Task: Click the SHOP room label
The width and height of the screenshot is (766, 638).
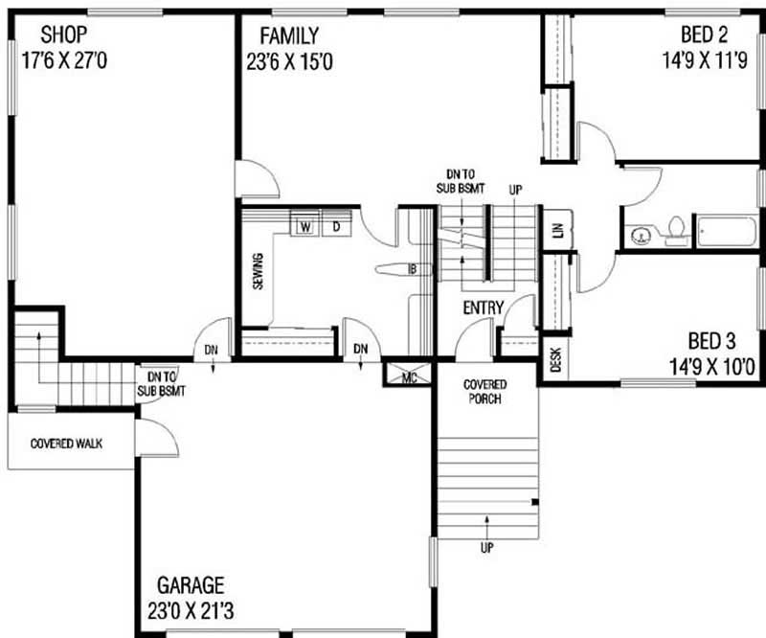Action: coord(63,34)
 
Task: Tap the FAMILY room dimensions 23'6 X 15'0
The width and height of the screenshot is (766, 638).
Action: coord(289,62)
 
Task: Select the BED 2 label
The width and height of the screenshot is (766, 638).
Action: coord(704,34)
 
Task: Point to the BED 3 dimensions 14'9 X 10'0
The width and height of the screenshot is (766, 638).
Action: coord(711,367)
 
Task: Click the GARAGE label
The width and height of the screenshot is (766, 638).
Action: coord(191,585)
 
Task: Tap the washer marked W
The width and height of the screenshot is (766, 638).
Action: coord(305,226)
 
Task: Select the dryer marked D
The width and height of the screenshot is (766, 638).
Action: coord(337,226)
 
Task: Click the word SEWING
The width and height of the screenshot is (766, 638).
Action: coord(258,271)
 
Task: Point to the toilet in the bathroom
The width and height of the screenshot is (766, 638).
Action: coord(677,231)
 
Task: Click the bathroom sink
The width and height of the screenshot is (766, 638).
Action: coord(640,237)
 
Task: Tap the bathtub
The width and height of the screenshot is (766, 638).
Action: coord(728,231)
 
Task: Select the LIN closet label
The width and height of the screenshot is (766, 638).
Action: coord(559,229)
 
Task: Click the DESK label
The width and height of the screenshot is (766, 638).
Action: coord(556,359)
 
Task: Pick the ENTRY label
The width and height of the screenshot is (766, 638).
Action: coord(484,308)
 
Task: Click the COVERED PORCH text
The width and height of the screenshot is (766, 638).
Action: coord(484,392)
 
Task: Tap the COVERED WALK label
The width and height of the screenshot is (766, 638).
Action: coord(66,444)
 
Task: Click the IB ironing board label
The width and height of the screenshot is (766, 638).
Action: coord(413,269)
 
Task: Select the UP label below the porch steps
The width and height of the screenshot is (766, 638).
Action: coord(486,548)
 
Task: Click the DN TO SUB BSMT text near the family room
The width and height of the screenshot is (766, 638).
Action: coord(461,181)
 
